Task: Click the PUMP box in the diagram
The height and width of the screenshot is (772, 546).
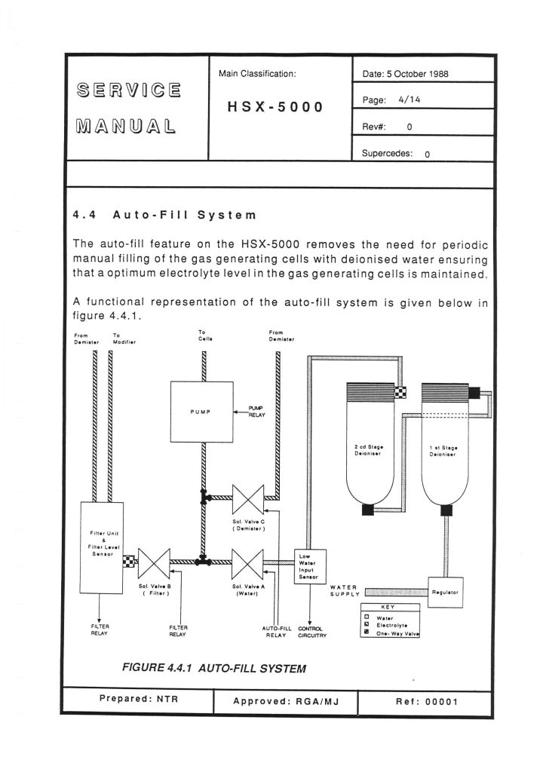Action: (202, 412)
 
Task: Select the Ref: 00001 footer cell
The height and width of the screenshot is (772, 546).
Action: (426, 702)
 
